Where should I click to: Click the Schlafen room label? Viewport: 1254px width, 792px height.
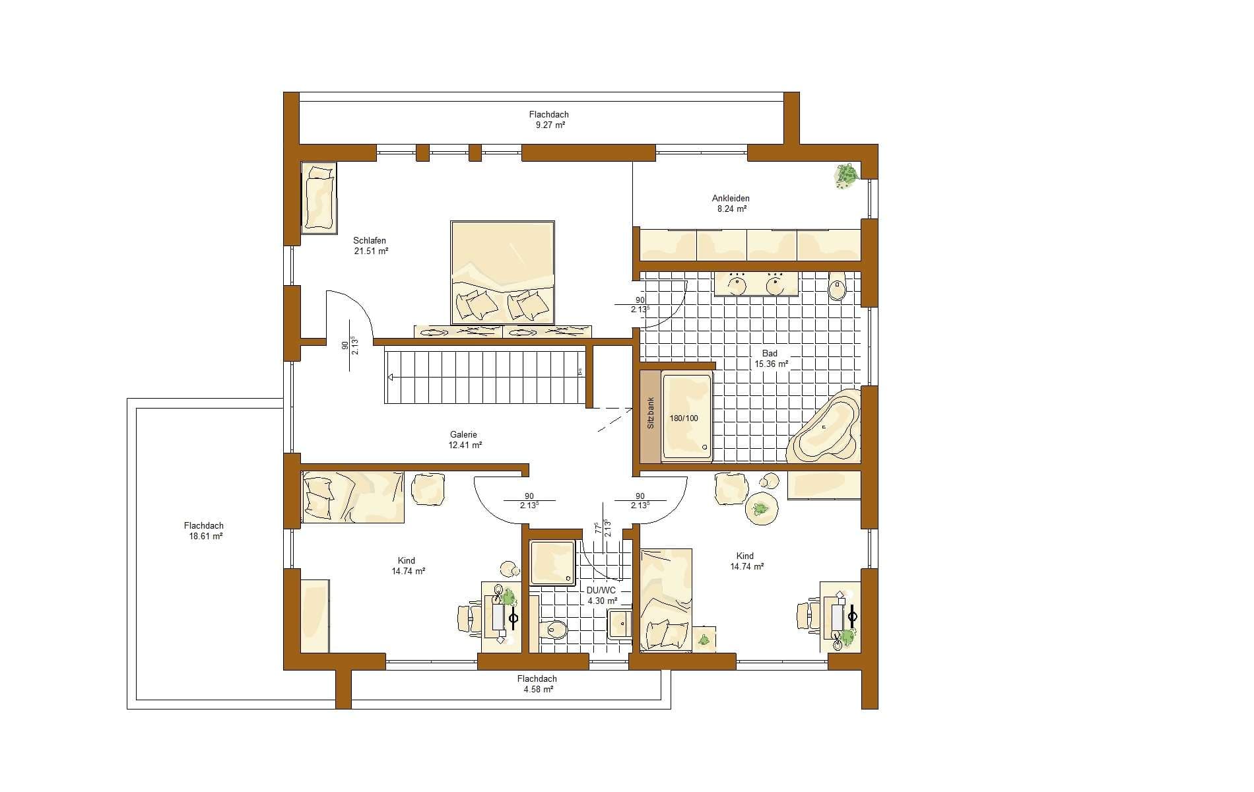tap(370, 241)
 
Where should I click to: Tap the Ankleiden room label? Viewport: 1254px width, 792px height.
tap(731, 198)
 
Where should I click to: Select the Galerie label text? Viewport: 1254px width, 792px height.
tap(463, 435)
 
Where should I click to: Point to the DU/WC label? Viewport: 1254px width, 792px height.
tap(601, 590)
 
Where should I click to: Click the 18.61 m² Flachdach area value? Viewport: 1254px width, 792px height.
tap(205, 537)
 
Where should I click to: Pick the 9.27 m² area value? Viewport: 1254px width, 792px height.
tap(548, 125)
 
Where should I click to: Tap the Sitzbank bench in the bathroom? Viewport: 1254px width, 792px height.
tap(650, 416)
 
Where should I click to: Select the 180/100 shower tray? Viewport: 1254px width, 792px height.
tap(687, 416)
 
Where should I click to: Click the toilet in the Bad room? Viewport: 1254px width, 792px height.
tap(838, 286)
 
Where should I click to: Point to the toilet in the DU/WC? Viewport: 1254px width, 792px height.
tap(552, 631)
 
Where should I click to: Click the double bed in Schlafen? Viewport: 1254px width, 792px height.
tap(503, 273)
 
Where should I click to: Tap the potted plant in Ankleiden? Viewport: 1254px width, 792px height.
tap(845, 176)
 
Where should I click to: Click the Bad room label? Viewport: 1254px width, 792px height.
tap(770, 353)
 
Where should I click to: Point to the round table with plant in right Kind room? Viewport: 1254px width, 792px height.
tap(762, 509)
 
